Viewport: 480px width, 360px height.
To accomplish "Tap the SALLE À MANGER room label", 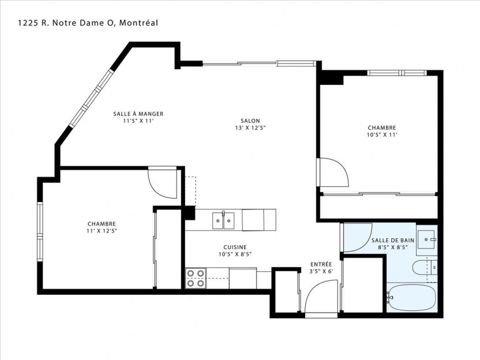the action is tap(138, 114).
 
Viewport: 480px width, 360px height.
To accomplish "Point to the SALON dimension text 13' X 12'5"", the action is tap(250, 128).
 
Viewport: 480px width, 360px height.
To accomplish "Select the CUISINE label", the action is tap(235, 247).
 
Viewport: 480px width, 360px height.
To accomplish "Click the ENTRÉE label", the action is tap(321, 264).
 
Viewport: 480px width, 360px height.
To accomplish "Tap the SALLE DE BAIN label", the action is tap(393, 241).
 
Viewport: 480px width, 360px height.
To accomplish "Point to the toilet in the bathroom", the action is tap(425, 268).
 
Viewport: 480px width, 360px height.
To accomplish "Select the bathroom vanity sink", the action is tap(426, 239).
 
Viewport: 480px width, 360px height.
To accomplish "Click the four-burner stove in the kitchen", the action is tap(196, 278).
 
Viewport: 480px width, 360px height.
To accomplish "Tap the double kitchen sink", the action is tap(223, 220).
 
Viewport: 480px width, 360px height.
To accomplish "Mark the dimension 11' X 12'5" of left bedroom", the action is tap(102, 231).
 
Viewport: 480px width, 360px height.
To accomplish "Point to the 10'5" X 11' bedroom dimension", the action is tap(382, 134).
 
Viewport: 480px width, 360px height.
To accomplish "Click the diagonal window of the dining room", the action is tap(91, 98).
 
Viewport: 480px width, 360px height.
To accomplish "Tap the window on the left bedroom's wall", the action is tap(40, 232).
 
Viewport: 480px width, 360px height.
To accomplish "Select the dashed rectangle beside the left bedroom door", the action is tap(190, 191).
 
